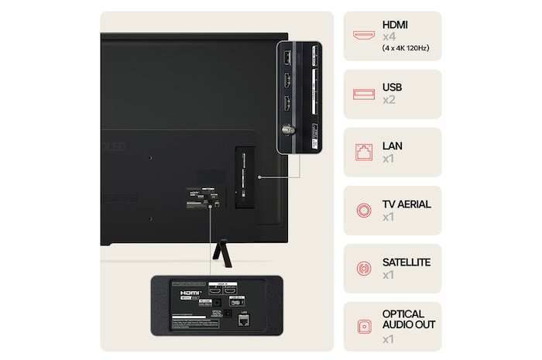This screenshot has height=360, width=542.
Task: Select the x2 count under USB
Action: click(389, 101)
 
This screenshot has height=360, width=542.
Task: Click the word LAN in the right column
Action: click(393, 146)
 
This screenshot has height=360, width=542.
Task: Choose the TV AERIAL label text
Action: click(406, 204)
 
